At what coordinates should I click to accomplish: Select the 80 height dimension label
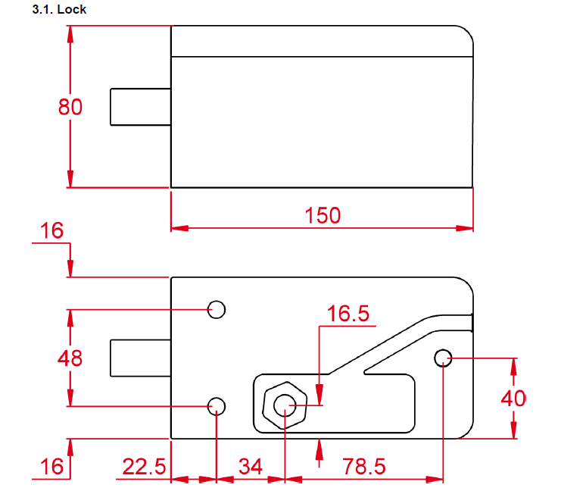[x=70, y=108]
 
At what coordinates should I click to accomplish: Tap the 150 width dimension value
[x=323, y=215]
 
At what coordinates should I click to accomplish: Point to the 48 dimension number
[x=70, y=358]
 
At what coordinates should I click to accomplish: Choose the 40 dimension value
[x=513, y=398]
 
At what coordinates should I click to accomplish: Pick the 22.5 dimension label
[x=144, y=467]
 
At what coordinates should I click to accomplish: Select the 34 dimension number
[x=250, y=467]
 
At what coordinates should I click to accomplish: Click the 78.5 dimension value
[x=363, y=467]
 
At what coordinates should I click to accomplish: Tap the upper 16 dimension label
[x=53, y=231]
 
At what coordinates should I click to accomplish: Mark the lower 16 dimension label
[x=52, y=467]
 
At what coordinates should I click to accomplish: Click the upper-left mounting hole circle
[x=217, y=309]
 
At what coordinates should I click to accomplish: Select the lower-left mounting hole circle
[x=217, y=406]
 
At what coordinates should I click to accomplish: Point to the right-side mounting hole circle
[x=443, y=357]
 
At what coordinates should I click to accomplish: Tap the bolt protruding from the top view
[x=140, y=106]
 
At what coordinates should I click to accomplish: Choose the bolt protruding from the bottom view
[x=140, y=358]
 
